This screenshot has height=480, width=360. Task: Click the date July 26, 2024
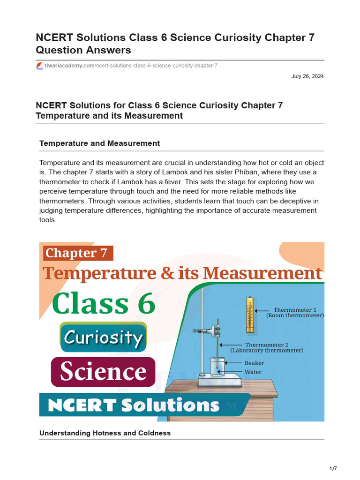(x=307, y=76)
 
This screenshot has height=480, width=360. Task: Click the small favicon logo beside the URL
(x=39, y=66)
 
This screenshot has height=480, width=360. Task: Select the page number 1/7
(x=333, y=468)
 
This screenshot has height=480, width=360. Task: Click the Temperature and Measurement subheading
(x=99, y=143)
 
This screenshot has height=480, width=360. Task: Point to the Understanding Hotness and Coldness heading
(x=105, y=433)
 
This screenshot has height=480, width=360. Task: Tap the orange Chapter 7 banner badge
(x=78, y=253)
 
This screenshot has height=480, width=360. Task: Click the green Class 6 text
(x=104, y=304)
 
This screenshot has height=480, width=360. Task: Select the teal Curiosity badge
(x=103, y=337)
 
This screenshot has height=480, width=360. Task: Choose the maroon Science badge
(x=103, y=372)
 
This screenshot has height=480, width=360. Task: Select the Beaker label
(x=254, y=363)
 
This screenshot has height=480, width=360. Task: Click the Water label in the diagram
(x=253, y=372)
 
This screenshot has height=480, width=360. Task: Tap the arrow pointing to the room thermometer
(x=262, y=310)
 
